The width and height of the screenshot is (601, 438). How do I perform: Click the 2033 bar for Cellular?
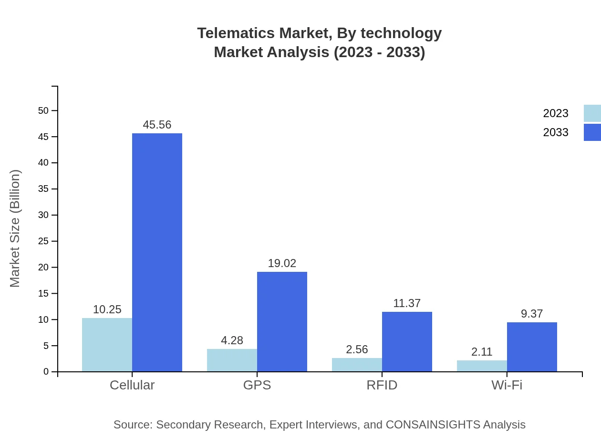[157, 252]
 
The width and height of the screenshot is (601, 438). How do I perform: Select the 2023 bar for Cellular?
[107, 345]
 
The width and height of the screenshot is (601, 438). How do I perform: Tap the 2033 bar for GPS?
[282, 321]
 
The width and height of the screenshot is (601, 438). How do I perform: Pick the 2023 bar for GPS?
[232, 360]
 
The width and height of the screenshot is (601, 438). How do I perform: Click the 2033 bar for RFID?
[407, 341]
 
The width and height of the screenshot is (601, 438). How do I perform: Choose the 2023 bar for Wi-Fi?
[482, 366]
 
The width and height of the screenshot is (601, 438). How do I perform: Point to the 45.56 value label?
[157, 125]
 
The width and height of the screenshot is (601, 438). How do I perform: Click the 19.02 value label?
[282, 263]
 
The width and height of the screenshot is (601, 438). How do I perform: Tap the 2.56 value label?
[357, 349]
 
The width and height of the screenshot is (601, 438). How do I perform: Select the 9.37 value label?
[532, 314]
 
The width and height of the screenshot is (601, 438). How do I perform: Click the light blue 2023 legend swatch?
[592, 113]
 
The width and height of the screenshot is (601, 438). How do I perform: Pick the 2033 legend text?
[556, 132]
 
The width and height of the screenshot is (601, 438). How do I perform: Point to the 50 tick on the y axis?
[43, 111]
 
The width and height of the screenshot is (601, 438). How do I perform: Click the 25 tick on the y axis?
[43, 241]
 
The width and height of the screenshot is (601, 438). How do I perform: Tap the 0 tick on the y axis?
[46, 372]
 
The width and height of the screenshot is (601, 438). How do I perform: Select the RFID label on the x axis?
[382, 385]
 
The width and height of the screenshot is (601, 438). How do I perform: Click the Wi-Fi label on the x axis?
[507, 385]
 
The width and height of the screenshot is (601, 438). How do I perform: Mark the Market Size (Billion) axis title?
[15, 229]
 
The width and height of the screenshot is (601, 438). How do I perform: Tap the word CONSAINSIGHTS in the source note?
[433, 425]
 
